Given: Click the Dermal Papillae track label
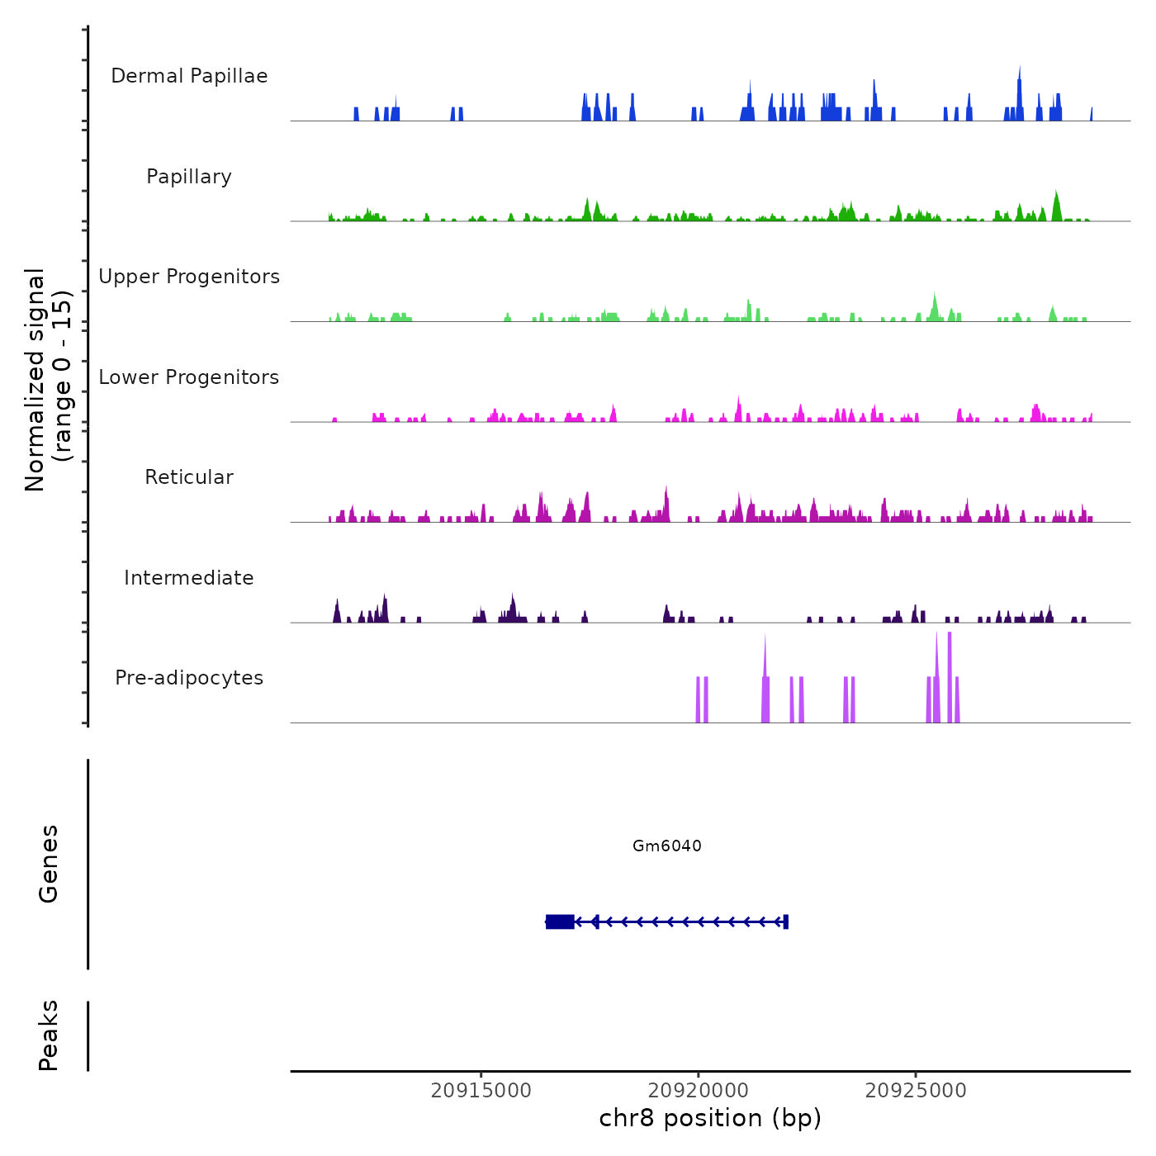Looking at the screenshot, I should click(189, 76).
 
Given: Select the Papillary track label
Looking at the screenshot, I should click(189, 177).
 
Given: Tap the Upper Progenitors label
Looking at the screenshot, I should click(189, 277).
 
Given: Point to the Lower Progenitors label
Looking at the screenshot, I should click(189, 377).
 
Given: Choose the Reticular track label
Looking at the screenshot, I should click(189, 477).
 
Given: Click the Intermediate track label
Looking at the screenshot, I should click(189, 578).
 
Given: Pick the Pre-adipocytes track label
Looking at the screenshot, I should click(189, 678).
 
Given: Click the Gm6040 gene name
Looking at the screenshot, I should click(667, 846).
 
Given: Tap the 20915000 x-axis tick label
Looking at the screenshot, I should click(481, 1091).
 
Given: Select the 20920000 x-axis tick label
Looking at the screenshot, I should click(699, 1091).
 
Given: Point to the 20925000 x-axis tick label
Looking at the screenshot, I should click(916, 1091).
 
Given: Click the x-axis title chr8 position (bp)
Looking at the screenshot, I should click(710, 1118).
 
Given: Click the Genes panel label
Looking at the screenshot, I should click(49, 864).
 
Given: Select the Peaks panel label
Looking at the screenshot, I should click(49, 1035).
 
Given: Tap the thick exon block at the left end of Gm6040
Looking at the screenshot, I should click(560, 921).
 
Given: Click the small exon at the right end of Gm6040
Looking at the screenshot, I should click(785, 921).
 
